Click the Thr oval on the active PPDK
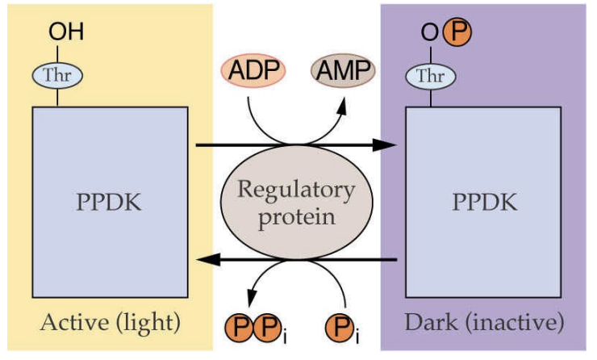[x=57, y=75]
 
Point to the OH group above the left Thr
[x=66, y=33]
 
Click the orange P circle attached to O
[x=457, y=33]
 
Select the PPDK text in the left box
[x=109, y=202]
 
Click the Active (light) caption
[x=109, y=324]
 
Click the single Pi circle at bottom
[x=340, y=329]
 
